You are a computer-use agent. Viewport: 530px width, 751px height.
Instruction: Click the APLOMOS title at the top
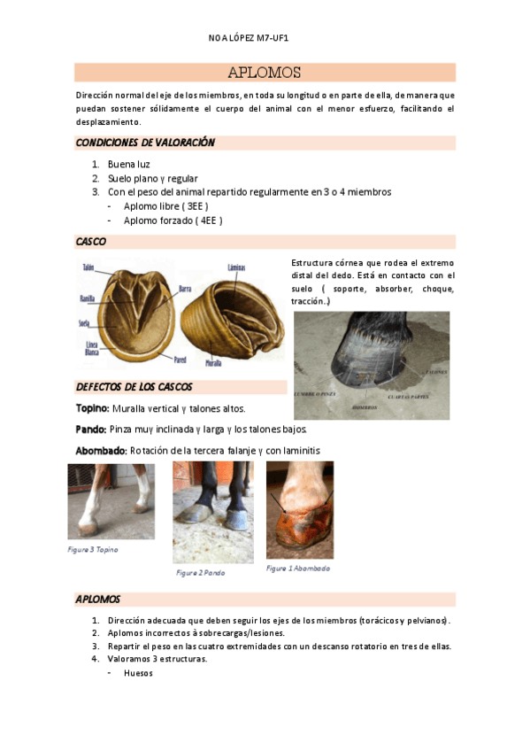pyautogui.click(x=264, y=73)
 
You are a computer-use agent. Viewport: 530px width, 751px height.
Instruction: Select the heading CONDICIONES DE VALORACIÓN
pyautogui.click(x=145, y=143)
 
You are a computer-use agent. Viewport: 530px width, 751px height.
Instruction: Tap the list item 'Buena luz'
pyautogui.click(x=129, y=165)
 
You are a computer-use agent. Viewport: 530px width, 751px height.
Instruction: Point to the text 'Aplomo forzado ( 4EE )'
pyautogui.click(x=173, y=221)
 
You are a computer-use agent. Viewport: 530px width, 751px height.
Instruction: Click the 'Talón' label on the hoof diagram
pyautogui.click(x=88, y=267)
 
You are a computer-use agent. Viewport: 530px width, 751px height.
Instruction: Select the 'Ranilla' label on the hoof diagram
pyautogui.click(x=87, y=298)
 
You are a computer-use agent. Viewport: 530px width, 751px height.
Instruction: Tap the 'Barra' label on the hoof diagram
pyautogui.click(x=185, y=289)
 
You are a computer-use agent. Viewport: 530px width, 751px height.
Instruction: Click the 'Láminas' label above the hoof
pyautogui.click(x=236, y=267)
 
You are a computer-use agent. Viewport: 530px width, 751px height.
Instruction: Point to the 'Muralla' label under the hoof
pyautogui.click(x=213, y=363)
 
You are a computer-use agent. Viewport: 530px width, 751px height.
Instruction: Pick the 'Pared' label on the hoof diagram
pyautogui.click(x=180, y=360)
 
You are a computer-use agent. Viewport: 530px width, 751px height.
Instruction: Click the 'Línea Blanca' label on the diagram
pyautogui.click(x=91, y=347)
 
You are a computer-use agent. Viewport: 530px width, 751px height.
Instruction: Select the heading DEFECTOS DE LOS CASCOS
pyautogui.click(x=134, y=387)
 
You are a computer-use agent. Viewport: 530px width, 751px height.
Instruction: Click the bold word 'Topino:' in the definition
pyautogui.click(x=93, y=408)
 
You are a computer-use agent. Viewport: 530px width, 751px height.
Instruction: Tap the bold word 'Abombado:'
pyautogui.click(x=101, y=451)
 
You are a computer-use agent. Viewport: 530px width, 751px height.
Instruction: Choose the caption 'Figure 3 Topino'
pyautogui.click(x=93, y=549)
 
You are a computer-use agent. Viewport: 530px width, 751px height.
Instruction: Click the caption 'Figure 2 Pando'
pyautogui.click(x=200, y=573)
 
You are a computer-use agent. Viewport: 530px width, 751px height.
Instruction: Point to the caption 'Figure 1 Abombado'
pyautogui.click(x=298, y=568)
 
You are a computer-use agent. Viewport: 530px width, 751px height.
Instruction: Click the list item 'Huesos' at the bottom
pyautogui.click(x=138, y=672)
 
